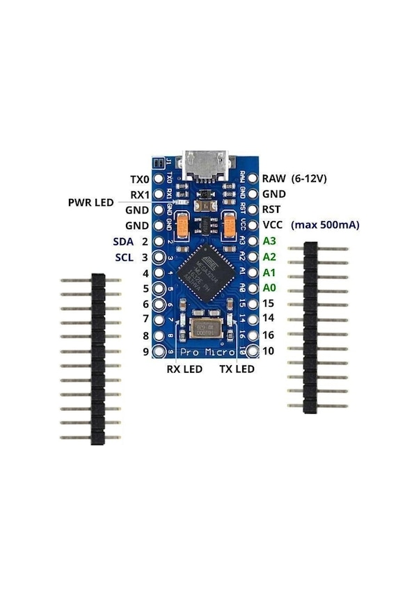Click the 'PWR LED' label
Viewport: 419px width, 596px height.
point(90,202)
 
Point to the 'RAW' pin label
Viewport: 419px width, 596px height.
point(274,179)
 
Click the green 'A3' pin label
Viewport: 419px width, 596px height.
point(269,241)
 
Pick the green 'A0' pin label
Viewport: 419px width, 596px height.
point(269,287)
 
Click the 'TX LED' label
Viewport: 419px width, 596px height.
point(237,369)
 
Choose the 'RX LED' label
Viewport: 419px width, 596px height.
point(184,369)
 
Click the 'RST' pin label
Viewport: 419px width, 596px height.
point(271,209)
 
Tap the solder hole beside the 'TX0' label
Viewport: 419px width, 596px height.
point(158,179)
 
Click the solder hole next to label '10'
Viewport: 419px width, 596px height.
point(251,352)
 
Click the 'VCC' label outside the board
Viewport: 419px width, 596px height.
point(273,225)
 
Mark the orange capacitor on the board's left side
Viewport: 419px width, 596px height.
point(183,225)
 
